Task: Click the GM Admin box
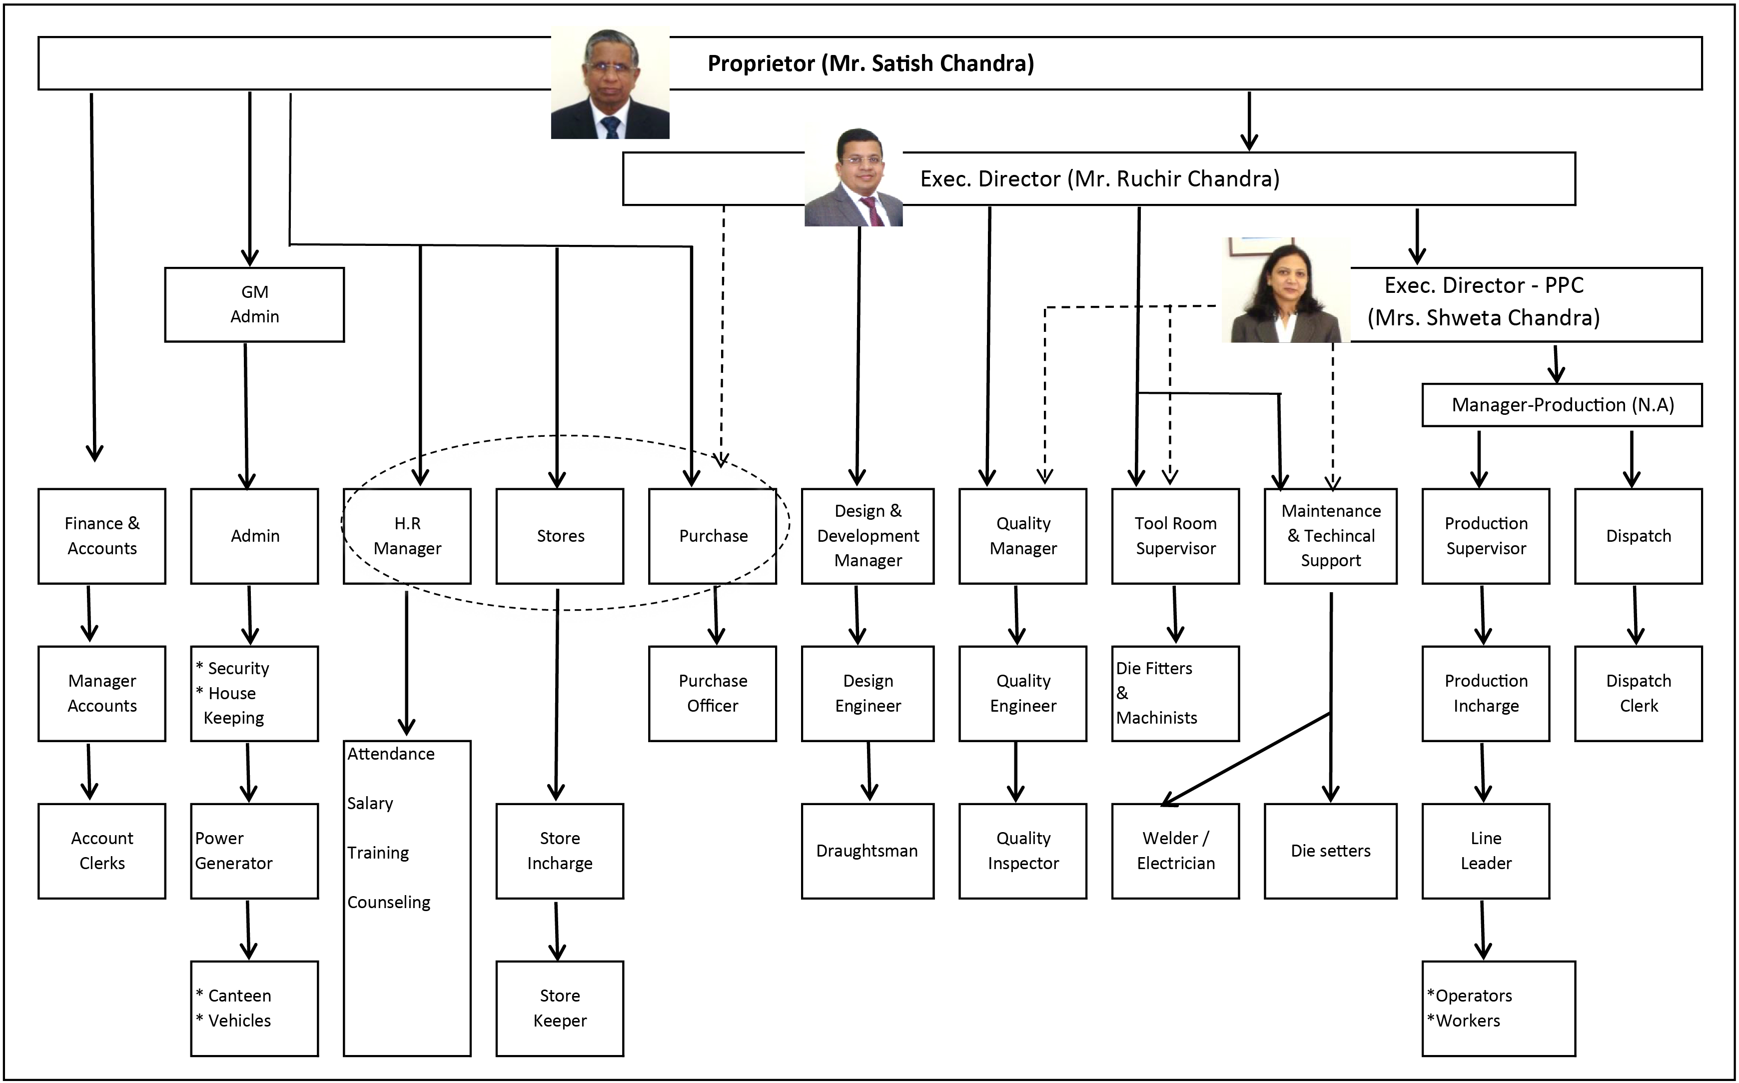pos(254,304)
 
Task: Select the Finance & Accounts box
pos(102,536)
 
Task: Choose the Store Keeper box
pos(559,1008)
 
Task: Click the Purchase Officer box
pos(712,693)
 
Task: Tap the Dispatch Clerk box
pos(1638,693)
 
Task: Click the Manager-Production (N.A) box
pos(1562,405)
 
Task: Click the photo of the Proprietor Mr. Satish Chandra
pos(610,84)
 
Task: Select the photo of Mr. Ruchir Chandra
pos(853,177)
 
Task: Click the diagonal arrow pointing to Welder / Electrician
pos(1246,759)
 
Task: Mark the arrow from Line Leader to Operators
pos(1483,930)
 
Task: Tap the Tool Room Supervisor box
pos(1175,536)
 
